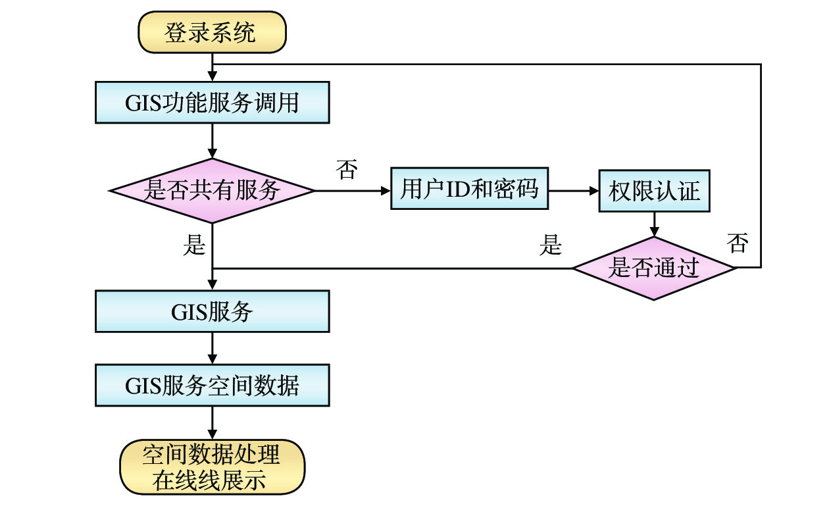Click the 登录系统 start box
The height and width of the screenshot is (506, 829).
point(212,34)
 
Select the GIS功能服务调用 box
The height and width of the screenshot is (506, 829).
point(212,103)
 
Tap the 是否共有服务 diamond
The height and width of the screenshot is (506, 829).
point(212,191)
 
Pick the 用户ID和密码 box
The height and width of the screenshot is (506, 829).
point(469,190)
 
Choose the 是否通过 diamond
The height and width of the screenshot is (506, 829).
point(653,268)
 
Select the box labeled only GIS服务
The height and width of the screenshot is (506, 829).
point(212,311)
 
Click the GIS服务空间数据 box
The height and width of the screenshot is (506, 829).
point(212,385)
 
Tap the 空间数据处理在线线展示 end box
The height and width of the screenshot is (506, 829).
point(212,467)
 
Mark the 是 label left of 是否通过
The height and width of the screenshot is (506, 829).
point(551,245)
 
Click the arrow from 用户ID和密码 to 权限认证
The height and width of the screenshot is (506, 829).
point(573,191)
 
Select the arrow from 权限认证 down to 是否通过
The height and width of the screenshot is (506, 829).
point(654,224)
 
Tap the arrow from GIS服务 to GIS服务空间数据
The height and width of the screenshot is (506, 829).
point(212,348)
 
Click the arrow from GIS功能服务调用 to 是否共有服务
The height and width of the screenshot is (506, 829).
point(212,141)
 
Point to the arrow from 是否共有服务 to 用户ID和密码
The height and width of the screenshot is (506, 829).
point(353,191)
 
